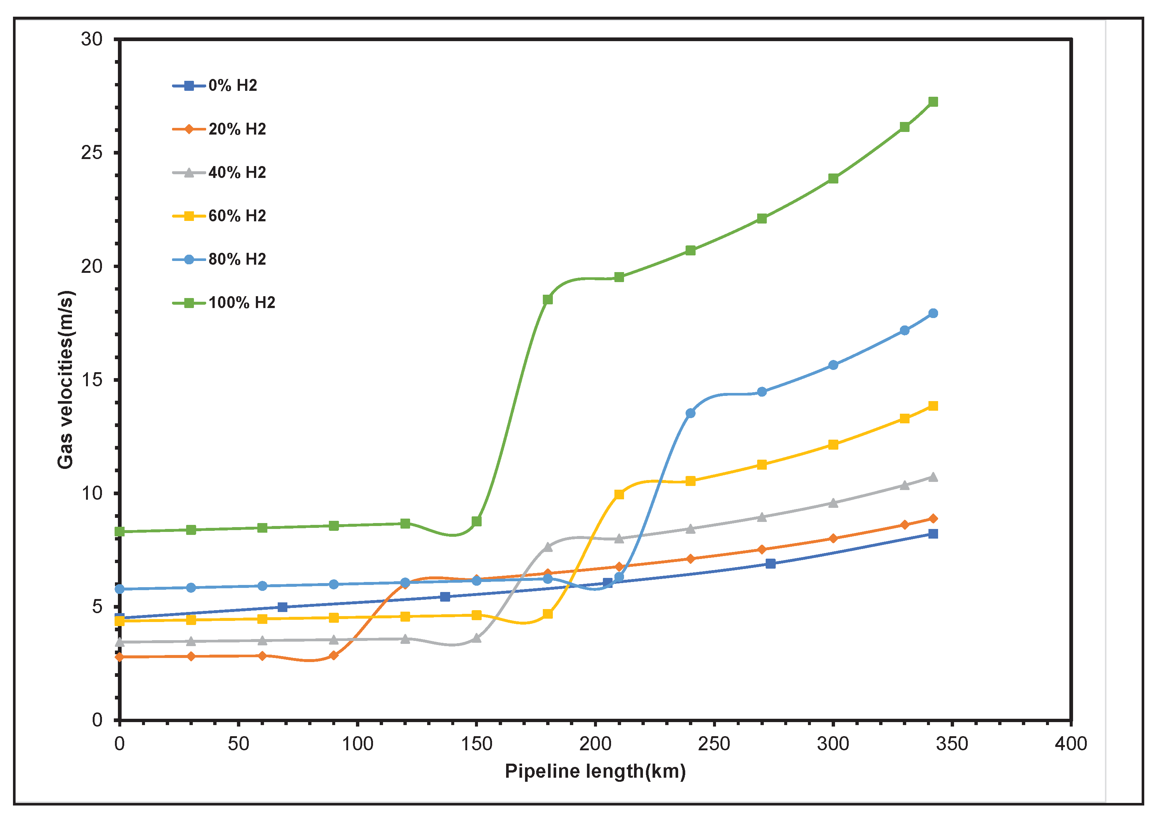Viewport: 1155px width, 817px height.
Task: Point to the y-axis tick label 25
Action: click(92, 152)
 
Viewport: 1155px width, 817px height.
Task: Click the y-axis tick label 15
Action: click(92, 380)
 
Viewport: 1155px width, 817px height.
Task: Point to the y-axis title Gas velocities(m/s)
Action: click(65, 380)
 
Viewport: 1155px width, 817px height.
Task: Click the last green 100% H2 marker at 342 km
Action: click(933, 102)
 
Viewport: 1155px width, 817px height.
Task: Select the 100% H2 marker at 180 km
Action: click(548, 300)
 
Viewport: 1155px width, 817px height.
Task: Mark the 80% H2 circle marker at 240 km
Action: click(690, 413)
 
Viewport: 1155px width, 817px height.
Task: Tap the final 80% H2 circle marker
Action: click(933, 314)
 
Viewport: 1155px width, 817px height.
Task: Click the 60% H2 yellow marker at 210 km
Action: click(619, 494)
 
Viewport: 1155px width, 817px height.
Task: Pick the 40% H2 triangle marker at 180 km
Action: click(548, 547)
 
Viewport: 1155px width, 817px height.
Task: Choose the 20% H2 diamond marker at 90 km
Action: click(333, 655)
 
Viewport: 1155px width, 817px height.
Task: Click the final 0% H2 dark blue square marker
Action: click(933, 534)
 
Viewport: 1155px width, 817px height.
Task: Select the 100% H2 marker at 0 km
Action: click(120, 532)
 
